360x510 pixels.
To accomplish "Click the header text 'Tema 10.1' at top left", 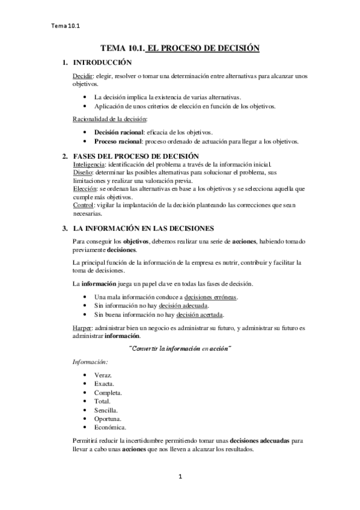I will point(66,26).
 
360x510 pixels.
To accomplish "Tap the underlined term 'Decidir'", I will point(82,77).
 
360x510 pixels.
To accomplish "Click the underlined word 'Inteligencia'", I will point(89,164).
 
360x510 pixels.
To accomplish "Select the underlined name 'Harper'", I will point(82,328).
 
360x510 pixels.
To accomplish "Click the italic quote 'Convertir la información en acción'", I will point(180,348).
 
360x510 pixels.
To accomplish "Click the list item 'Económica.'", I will point(111,427).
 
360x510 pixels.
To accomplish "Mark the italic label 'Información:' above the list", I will point(90,362).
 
